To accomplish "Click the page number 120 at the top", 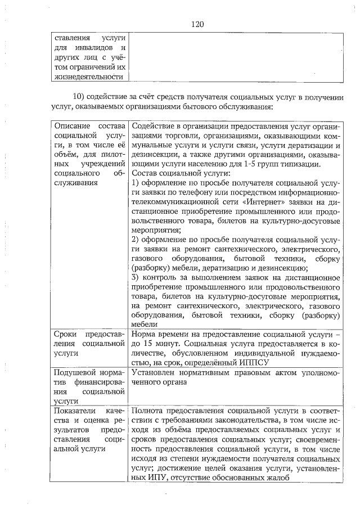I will click(197, 24).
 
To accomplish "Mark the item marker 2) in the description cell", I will click(135, 240).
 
